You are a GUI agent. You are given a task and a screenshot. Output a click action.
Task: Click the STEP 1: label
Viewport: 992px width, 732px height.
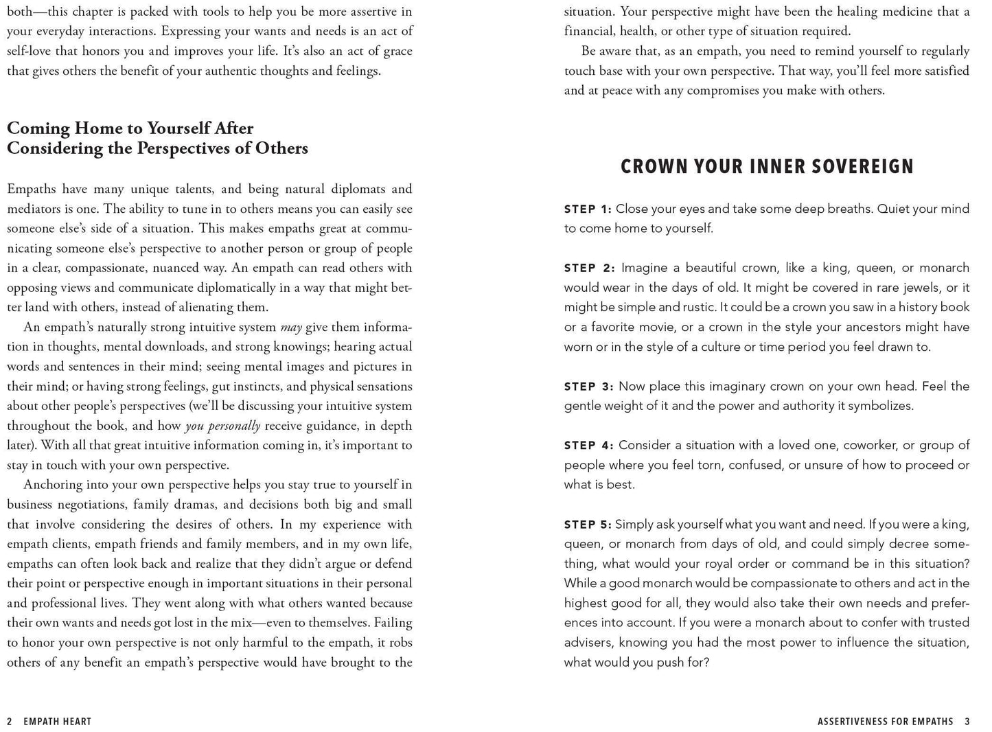(x=587, y=209)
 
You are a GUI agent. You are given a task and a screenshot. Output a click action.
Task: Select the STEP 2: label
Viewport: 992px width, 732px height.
(x=589, y=268)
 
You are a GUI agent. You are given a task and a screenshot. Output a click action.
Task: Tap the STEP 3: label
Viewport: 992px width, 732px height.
(x=588, y=387)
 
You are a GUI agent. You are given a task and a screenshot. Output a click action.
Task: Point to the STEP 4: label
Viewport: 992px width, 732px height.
(x=588, y=446)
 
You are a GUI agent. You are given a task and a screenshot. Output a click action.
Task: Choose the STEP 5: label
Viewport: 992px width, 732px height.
(x=587, y=525)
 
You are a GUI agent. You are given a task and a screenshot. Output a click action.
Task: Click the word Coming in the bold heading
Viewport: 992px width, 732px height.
(x=38, y=128)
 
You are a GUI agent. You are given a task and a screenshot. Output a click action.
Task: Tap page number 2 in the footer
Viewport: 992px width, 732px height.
(x=10, y=722)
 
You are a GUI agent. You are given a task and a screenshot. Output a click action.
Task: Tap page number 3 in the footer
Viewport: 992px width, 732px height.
(x=967, y=722)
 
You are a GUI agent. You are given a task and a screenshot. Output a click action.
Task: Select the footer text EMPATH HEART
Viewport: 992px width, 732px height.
(x=57, y=722)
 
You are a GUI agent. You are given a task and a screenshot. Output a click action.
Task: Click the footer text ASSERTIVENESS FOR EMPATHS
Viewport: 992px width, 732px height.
(x=886, y=722)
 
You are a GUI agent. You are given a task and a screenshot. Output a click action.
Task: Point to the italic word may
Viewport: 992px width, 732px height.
(x=292, y=328)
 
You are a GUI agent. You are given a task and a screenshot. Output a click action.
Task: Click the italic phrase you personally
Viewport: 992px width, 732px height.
(x=222, y=426)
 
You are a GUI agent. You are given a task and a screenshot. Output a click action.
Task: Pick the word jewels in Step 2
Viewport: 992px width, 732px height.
(x=901, y=288)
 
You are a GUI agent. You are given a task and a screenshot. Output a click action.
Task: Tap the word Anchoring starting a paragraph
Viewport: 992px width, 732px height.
(x=54, y=485)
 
